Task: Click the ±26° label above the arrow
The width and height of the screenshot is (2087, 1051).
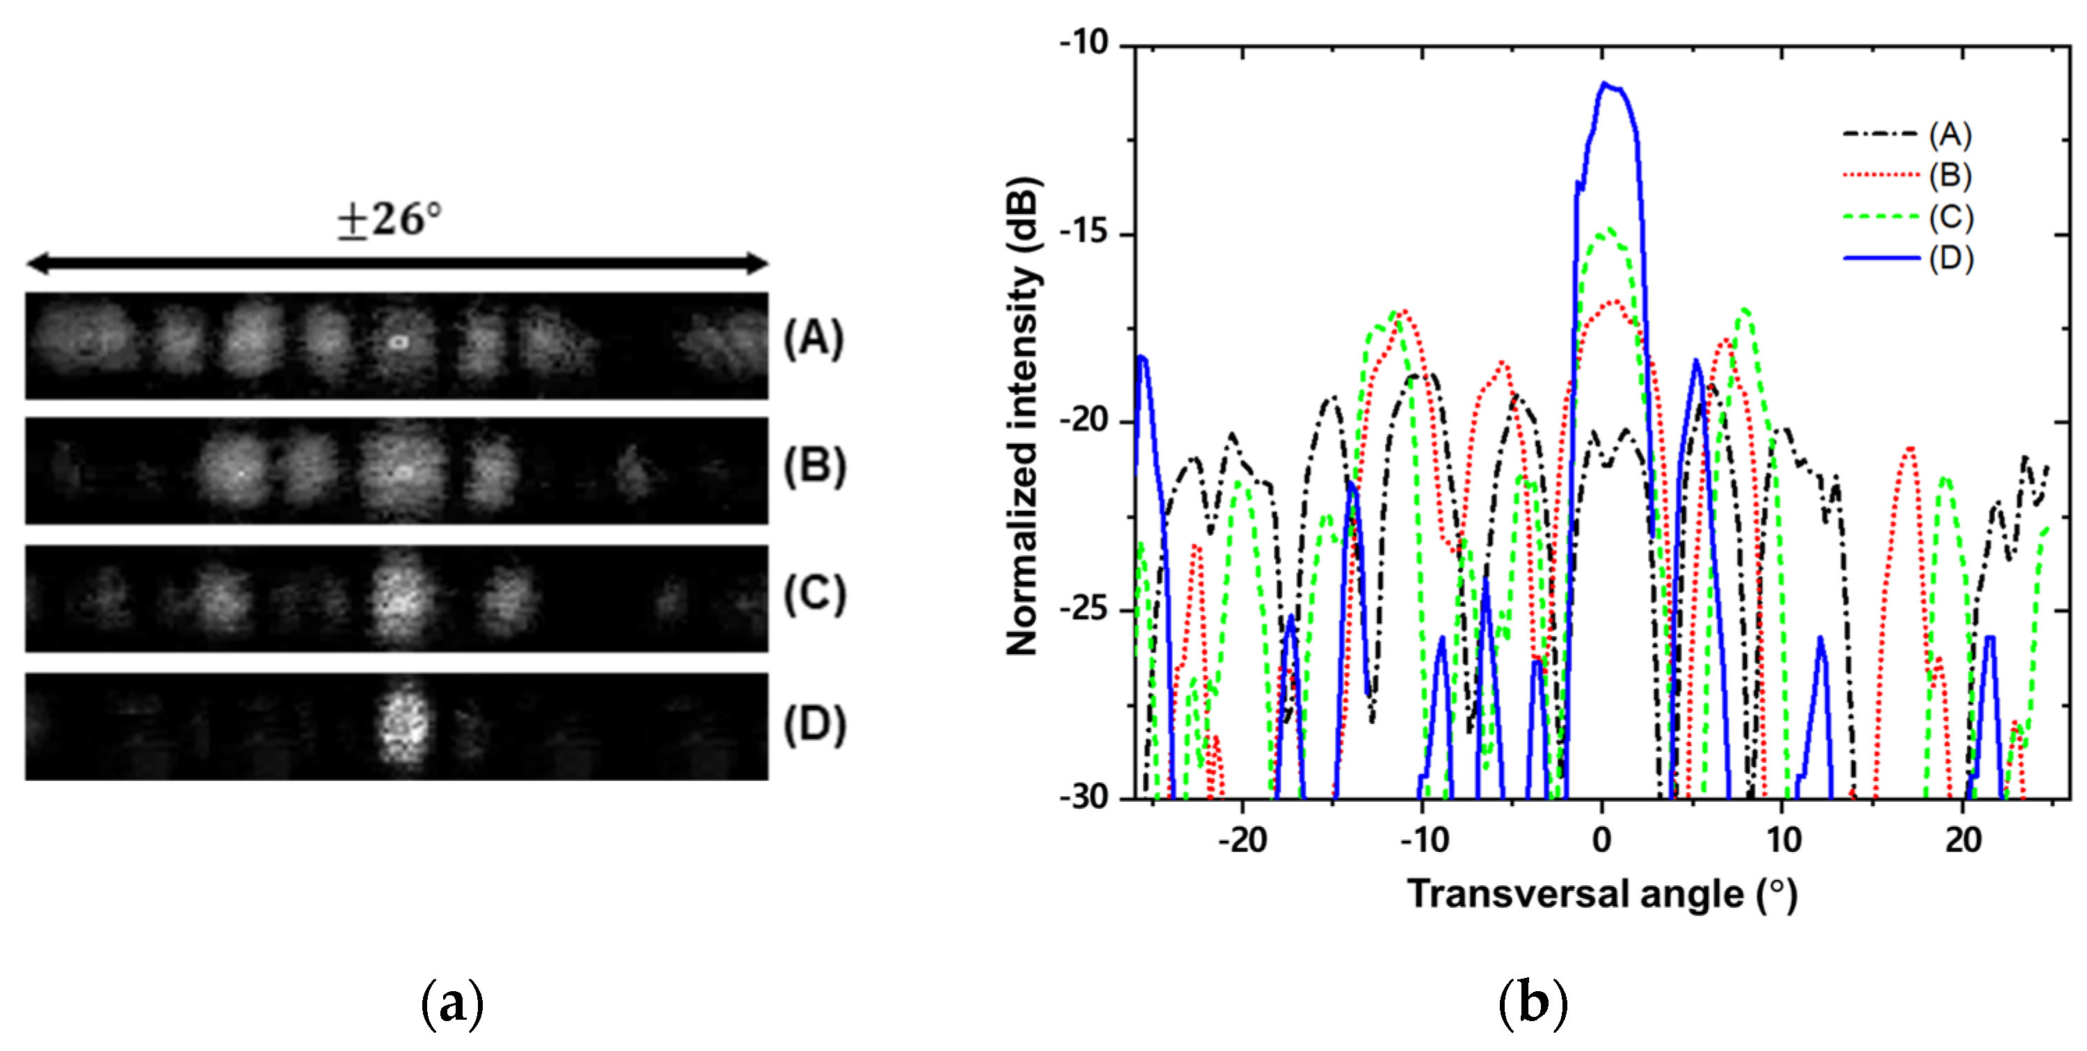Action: pyautogui.click(x=390, y=219)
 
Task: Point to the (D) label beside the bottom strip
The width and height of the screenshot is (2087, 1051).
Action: pyautogui.click(x=814, y=724)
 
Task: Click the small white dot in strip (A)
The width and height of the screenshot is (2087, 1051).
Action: pyautogui.click(x=397, y=342)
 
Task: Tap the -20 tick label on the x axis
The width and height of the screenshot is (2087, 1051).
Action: pyautogui.click(x=1242, y=840)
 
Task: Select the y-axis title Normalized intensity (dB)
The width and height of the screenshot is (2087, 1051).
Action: pyautogui.click(x=1023, y=415)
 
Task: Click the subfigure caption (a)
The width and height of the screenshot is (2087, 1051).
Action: pyautogui.click(x=452, y=1003)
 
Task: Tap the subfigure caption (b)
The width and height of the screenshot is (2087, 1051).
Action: pyautogui.click(x=1533, y=1003)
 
